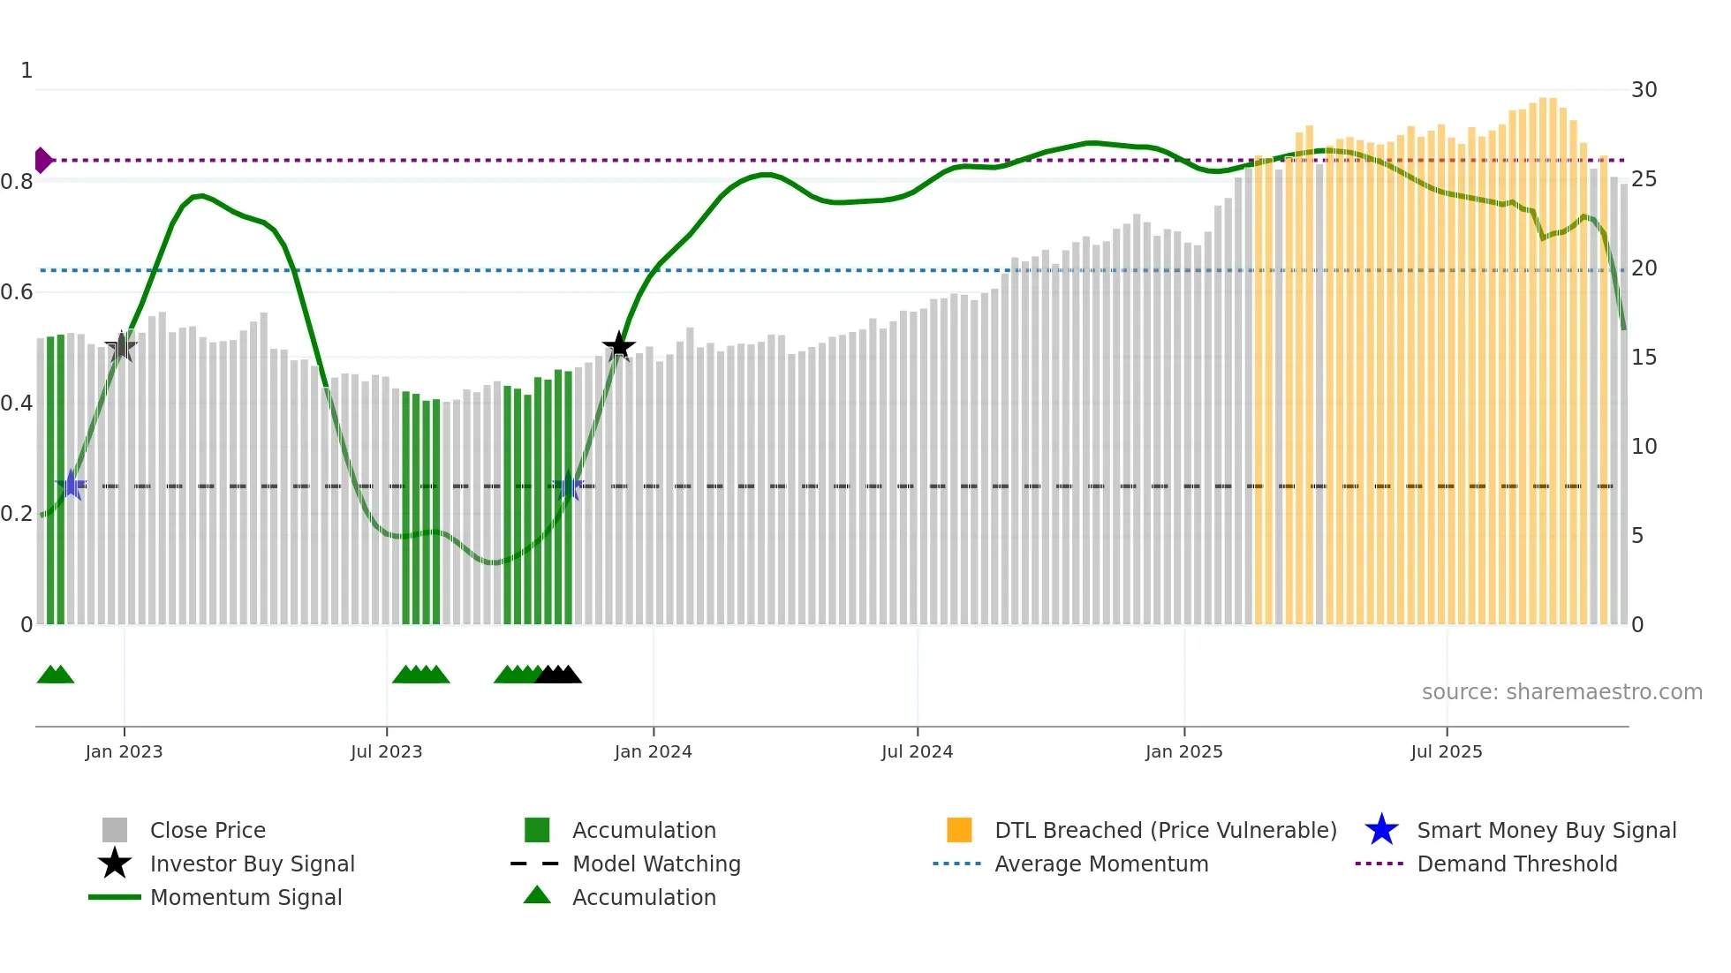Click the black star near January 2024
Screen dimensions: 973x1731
[x=618, y=346]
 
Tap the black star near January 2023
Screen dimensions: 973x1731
[x=121, y=347]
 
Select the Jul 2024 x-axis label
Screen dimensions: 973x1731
[x=917, y=751]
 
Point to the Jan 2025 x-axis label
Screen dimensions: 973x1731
[x=1183, y=751]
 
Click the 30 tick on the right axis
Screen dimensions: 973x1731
[x=1644, y=90]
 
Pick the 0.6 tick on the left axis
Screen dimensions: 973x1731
[x=18, y=292]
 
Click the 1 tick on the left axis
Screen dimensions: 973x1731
[x=26, y=71]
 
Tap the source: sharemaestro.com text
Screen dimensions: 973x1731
[x=1561, y=692]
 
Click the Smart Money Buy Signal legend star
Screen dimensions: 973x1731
[x=1381, y=830]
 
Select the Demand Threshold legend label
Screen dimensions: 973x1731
[x=1516, y=864]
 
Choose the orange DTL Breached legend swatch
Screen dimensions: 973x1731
[x=959, y=830]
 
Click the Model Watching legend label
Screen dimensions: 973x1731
[x=656, y=864]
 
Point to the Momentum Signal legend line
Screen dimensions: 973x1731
[x=115, y=897]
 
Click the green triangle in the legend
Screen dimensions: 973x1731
[x=537, y=896]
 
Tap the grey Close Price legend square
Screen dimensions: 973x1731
[x=115, y=830]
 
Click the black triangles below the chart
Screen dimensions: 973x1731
[x=558, y=675]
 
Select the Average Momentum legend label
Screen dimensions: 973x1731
[x=1101, y=864]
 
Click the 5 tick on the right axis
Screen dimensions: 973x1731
[x=1637, y=536]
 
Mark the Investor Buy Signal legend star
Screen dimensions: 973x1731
[x=115, y=864]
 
